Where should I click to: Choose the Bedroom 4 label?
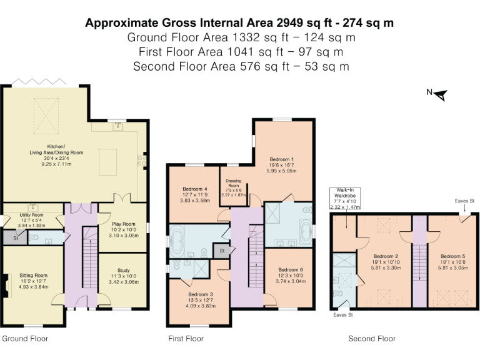[194, 189]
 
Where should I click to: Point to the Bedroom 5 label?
[452, 256]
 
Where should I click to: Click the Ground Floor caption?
[25, 339]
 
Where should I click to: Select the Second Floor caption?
[372, 339]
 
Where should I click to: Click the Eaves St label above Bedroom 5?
[464, 201]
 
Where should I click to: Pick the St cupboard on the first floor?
[221, 250]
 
